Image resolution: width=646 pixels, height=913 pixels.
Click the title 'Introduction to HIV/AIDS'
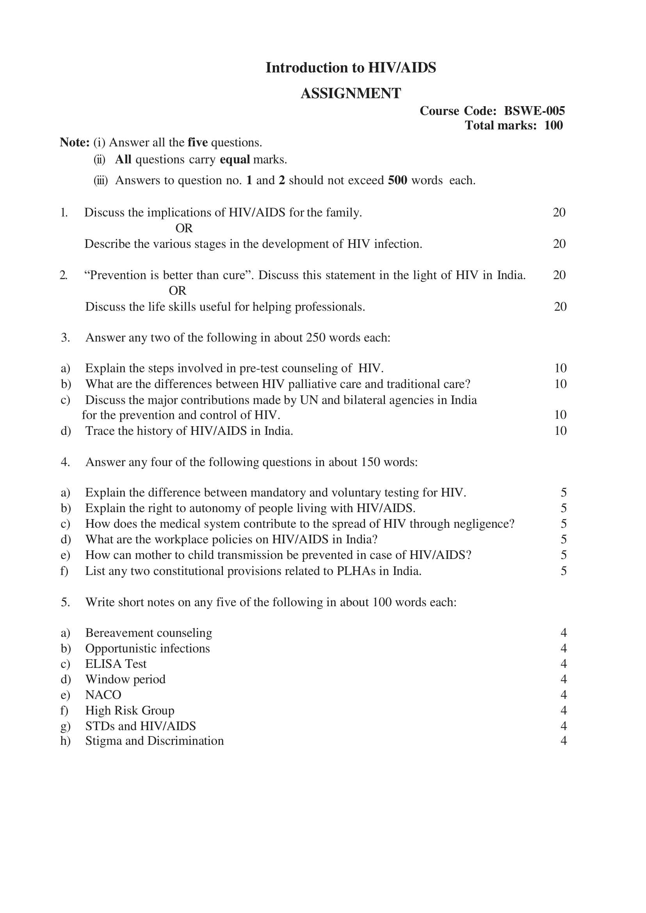pos(351,68)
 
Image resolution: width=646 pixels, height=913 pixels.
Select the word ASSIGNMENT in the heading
pos(351,94)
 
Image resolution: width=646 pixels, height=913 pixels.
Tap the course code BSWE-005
pos(534,110)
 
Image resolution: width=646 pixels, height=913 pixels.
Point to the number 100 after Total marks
pos(553,125)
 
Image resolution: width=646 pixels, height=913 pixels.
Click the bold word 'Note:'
pos(75,142)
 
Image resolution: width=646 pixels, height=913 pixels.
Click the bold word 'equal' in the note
pos(235,160)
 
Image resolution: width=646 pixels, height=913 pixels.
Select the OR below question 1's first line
pos(184,228)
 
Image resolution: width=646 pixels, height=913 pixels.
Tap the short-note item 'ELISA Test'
pos(116,664)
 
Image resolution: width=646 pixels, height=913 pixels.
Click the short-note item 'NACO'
pos(103,695)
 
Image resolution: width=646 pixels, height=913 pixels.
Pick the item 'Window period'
pos(125,679)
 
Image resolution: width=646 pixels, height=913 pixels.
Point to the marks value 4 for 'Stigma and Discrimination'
pos(563,741)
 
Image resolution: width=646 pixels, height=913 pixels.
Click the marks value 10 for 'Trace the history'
pos(560,431)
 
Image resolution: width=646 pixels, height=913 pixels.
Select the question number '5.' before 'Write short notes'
pos(66,602)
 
